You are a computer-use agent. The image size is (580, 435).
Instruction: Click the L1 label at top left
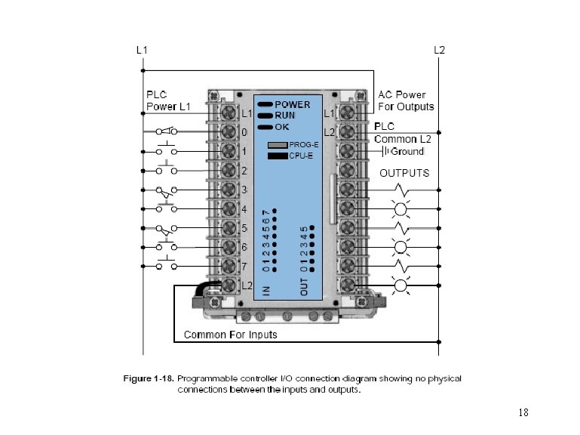(x=141, y=51)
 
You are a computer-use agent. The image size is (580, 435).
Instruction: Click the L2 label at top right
(x=439, y=51)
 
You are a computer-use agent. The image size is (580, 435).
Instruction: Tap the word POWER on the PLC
(x=293, y=104)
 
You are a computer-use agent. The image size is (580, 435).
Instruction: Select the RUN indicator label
(x=284, y=115)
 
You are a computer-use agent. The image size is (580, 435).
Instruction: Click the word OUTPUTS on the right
(x=404, y=173)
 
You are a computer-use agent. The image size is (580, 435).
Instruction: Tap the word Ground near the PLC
(x=407, y=152)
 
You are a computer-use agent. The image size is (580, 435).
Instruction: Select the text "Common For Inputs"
(x=231, y=335)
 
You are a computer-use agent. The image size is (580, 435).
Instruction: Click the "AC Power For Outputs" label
(x=406, y=101)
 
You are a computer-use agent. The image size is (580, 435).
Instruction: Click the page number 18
(x=523, y=413)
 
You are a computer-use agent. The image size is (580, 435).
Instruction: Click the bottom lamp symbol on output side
(x=400, y=285)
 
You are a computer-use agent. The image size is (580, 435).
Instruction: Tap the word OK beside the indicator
(x=281, y=126)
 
